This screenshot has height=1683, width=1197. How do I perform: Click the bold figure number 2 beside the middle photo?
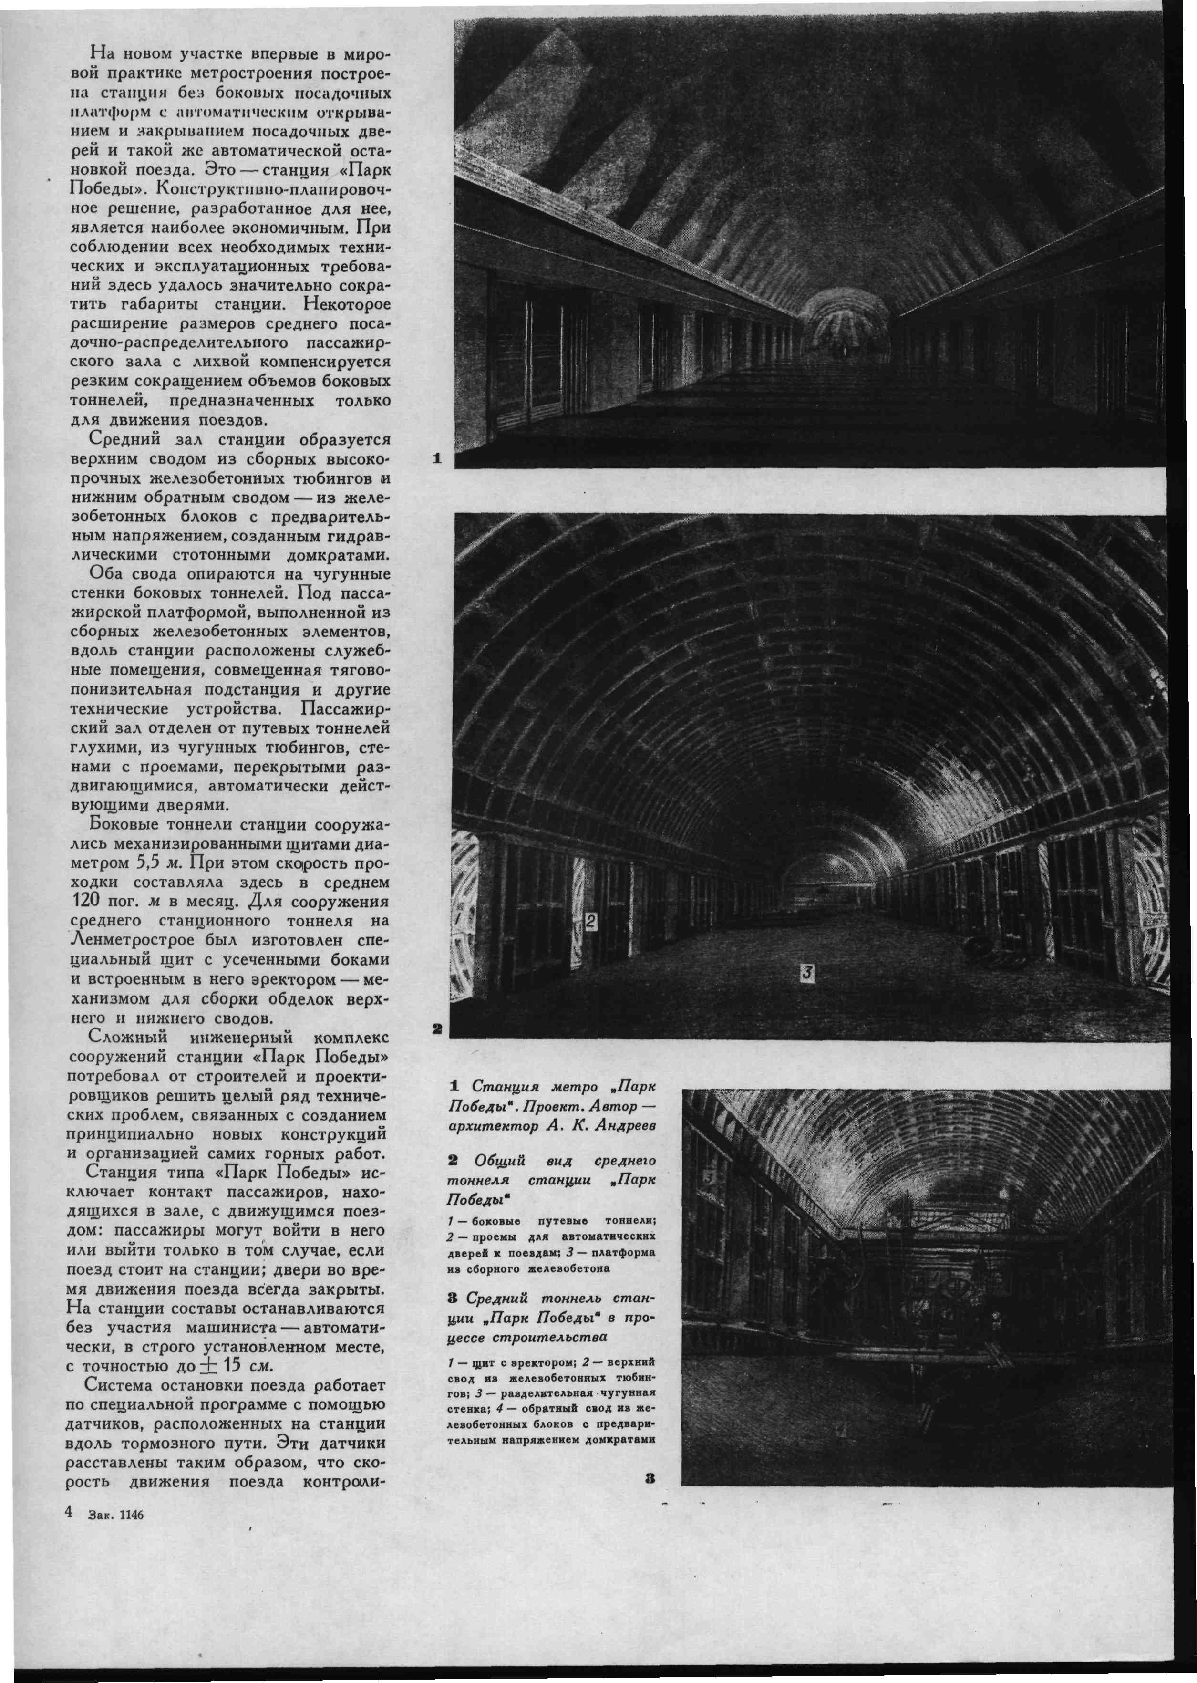437,1028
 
